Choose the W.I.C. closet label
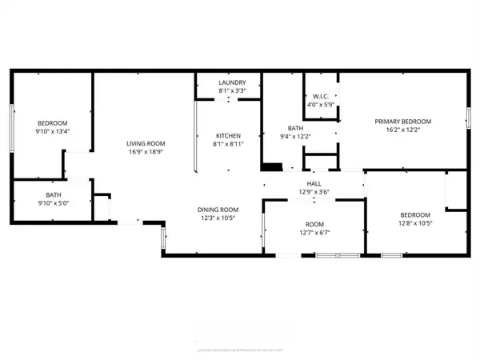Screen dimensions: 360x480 click(321, 97)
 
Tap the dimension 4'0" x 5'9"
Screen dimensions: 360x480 click(321, 105)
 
